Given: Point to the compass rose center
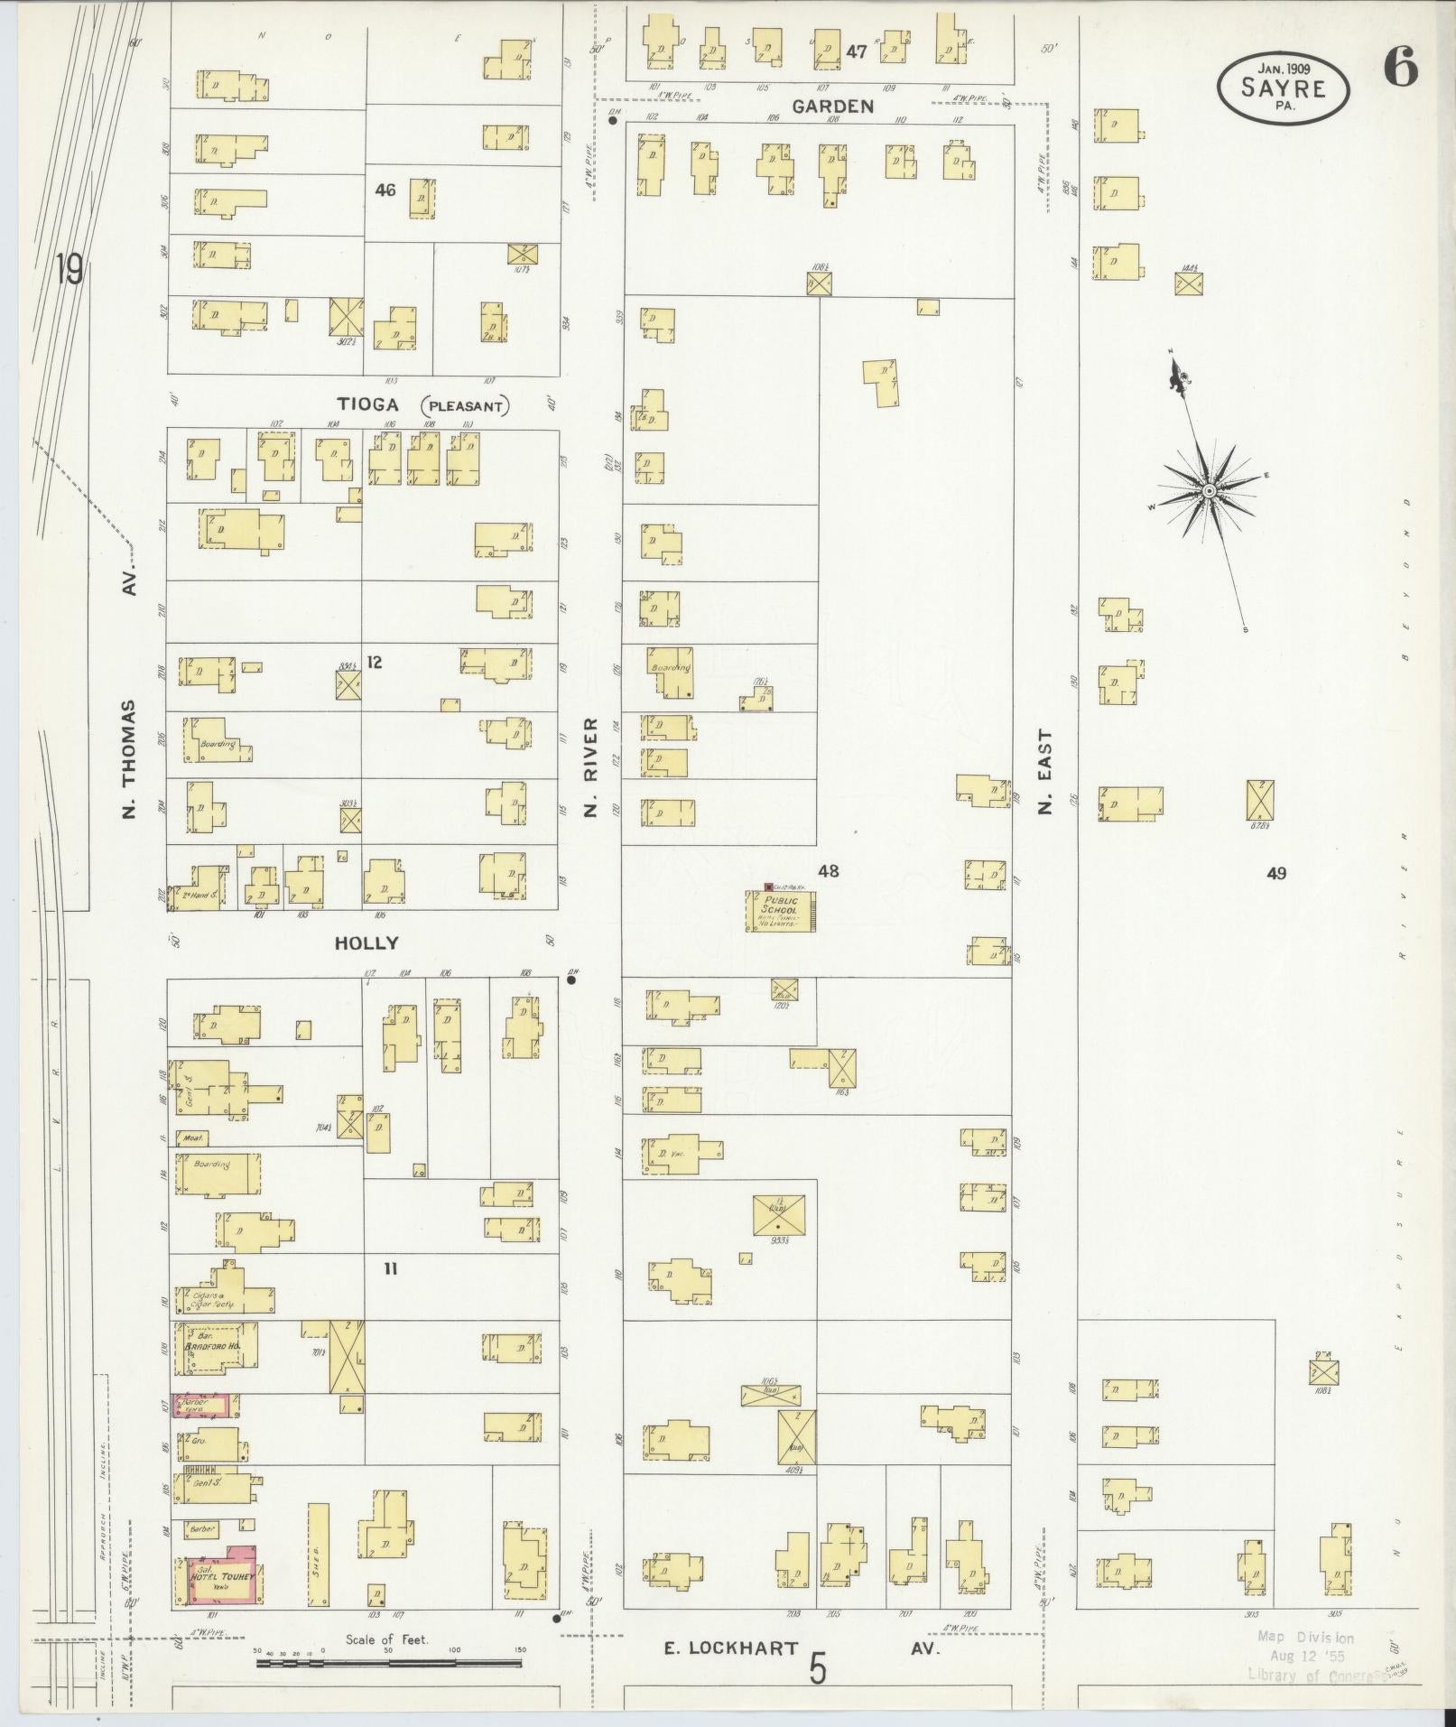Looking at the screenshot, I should pyautogui.click(x=1208, y=490).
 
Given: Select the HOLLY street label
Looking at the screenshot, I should pyautogui.click(x=366, y=943).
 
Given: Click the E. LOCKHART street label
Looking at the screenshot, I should pyautogui.click(x=731, y=1648).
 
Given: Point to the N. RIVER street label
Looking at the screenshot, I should pyautogui.click(x=591, y=766).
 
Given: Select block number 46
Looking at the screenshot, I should pyautogui.click(x=385, y=190).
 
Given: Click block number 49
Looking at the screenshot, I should pyautogui.click(x=1275, y=873).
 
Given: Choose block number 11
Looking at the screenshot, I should pyautogui.click(x=390, y=1269).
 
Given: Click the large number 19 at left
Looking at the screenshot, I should pyautogui.click(x=69, y=269).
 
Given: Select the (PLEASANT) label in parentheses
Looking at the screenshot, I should pyautogui.click(x=465, y=406).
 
